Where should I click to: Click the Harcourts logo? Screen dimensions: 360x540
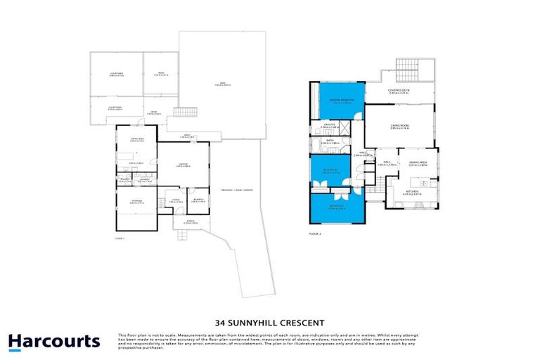coord(53,341)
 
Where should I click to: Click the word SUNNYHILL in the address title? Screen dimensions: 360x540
coord(269,315)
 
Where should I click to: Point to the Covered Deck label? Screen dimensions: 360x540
coord(400,90)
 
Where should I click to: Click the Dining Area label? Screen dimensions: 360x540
coord(418,164)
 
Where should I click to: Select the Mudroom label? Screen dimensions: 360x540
coord(199,200)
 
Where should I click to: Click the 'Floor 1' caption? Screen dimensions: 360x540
coord(120,239)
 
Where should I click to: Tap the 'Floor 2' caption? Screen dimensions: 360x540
coord(315,232)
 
